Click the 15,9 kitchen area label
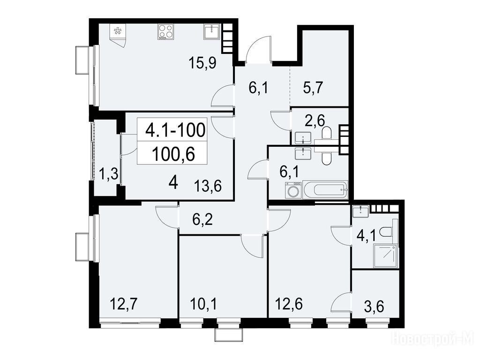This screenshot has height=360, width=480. click(202, 63)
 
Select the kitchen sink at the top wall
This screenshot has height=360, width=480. click(211, 32)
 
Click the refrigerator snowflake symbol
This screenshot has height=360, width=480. click(117, 30)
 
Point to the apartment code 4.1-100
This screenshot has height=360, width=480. click(175, 130)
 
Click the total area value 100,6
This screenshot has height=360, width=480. click(173, 154)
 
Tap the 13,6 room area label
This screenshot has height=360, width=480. click(208, 186)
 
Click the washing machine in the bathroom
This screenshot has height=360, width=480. click(293, 190)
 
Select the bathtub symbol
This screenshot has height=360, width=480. click(326, 190)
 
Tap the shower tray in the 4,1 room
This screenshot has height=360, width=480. click(386, 256)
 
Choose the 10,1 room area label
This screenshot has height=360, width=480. click(203, 304)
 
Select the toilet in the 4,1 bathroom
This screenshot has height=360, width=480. click(388, 232)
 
